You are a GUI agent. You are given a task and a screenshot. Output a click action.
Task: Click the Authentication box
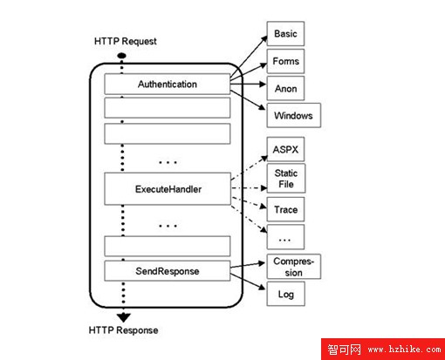[168, 84]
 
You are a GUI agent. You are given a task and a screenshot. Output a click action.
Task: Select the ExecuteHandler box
[168, 189]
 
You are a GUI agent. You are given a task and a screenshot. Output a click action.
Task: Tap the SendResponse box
[168, 271]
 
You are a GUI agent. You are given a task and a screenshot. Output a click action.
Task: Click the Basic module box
[285, 33]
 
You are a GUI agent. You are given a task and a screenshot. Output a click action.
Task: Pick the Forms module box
[285, 61]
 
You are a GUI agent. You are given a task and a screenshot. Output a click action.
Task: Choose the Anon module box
[285, 88]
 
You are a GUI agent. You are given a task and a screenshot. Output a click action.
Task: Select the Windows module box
[294, 115]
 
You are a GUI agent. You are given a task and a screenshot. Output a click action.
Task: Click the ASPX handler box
[285, 149]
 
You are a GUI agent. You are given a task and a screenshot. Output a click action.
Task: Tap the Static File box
[286, 179]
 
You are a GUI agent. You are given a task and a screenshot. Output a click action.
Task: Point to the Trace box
[285, 209]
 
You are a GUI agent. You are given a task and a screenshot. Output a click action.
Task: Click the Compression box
[294, 267]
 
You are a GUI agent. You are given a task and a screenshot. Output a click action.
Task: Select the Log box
[286, 294]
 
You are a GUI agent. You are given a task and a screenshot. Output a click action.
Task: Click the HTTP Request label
[126, 41]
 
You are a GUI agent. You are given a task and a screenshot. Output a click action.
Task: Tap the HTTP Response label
[123, 330]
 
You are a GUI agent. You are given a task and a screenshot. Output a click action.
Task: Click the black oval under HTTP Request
[121, 56]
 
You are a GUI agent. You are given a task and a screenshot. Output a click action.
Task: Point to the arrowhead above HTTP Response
[124, 317]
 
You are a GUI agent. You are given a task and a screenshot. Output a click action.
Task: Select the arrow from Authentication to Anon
[248, 85]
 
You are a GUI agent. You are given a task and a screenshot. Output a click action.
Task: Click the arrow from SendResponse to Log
[248, 282]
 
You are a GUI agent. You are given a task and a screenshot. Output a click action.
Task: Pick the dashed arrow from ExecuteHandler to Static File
[250, 188]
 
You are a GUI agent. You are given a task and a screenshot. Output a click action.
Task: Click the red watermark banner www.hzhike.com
[383, 349]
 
